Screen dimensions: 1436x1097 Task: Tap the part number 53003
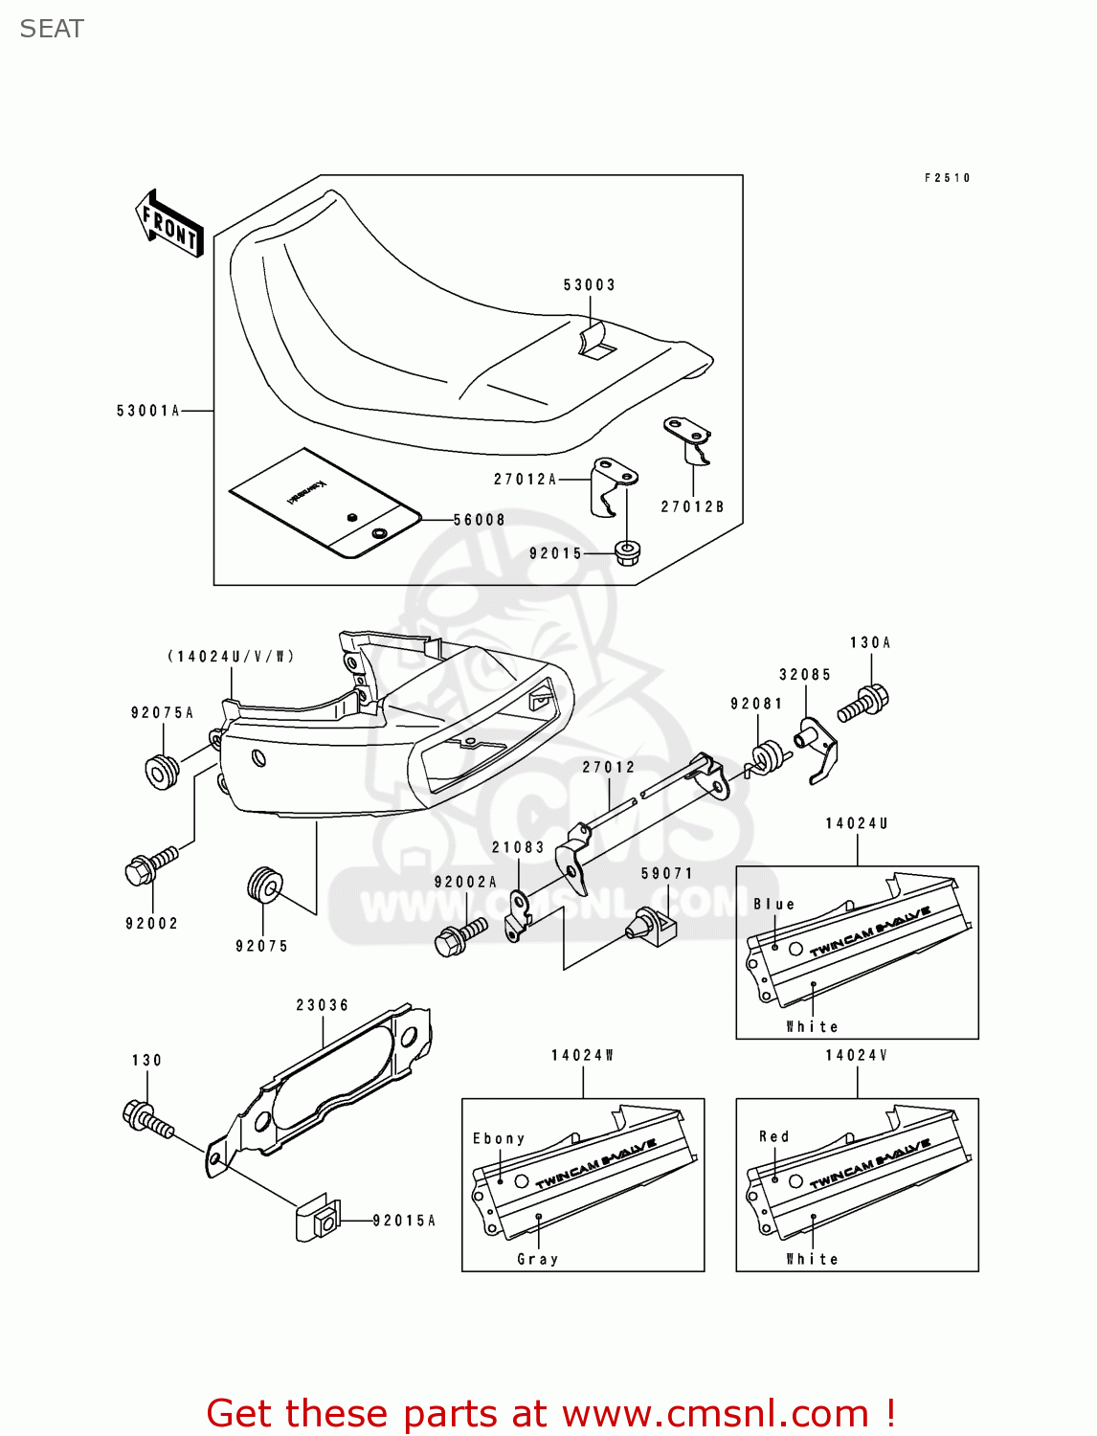pyautogui.click(x=589, y=285)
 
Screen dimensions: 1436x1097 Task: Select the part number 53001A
pyautogui.click(x=148, y=411)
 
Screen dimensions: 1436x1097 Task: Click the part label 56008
pyautogui.click(x=479, y=520)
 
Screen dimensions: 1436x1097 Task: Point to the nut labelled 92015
pyautogui.click(x=627, y=552)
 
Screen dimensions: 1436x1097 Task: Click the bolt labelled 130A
pyautogui.click(x=864, y=704)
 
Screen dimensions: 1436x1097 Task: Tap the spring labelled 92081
pyautogui.click(x=769, y=759)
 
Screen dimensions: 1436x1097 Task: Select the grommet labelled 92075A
pyautogui.click(x=162, y=771)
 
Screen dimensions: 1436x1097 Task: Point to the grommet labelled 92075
pyautogui.click(x=263, y=885)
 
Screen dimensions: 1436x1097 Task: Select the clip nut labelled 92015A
pyautogui.click(x=318, y=1221)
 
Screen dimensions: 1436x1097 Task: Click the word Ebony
pyautogui.click(x=499, y=1138)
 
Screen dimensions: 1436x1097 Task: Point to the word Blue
pyautogui.click(x=773, y=904)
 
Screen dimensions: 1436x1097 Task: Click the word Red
pyautogui.click(x=773, y=1136)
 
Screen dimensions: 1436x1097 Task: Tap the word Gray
pyautogui.click(x=537, y=1259)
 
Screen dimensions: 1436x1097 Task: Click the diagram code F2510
pyautogui.click(x=947, y=178)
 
